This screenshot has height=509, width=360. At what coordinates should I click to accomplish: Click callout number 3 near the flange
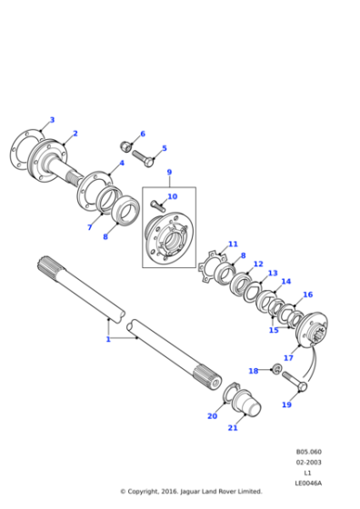pyautogui.click(x=52, y=120)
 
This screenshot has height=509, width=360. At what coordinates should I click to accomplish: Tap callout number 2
pyautogui.click(x=75, y=134)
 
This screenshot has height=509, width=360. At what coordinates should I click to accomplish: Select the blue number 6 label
pyautogui.click(x=141, y=134)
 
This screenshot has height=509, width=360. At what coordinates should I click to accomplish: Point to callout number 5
pyautogui.click(x=164, y=148)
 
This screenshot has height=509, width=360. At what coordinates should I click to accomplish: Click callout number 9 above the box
pyautogui.click(x=168, y=172)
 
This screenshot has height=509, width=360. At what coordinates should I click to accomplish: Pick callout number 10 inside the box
pyautogui.click(x=173, y=196)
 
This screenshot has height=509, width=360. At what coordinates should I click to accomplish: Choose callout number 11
pyautogui.click(x=233, y=244)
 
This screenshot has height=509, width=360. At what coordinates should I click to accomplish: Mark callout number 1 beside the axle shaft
pyautogui.click(x=107, y=339)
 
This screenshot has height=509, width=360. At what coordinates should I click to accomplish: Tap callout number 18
pyautogui.click(x=254, y=371)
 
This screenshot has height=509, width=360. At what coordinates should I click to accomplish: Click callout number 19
pyautogui.click(x=286, y=404)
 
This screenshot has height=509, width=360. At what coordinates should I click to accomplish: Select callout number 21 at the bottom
pyautogui.click(x=233, y=428)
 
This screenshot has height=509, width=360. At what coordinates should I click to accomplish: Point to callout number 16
pyautogui.click(x=307, y=294)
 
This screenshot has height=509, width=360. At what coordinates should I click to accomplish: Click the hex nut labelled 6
pyautogui.click(x=127, y=146)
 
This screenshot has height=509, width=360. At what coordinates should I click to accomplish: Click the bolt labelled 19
pyautogui.click(x=298, y=380)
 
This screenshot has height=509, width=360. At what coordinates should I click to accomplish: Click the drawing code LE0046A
pyautogui.click(x=309, y=483)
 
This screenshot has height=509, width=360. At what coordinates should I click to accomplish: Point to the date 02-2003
pyautogui.click(x=309, y=463)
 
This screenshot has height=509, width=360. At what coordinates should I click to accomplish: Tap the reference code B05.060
pyautogui.click(x=309, y=452)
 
